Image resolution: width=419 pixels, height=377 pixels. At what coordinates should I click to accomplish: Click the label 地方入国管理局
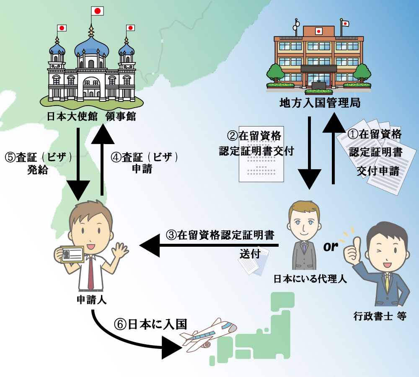coord(320,103)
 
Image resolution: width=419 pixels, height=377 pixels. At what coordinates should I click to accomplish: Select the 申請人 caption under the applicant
coord(91,300)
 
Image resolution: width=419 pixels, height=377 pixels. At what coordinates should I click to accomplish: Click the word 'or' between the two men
coord(331,247)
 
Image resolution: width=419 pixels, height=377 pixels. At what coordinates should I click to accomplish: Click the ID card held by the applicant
coord(72,253)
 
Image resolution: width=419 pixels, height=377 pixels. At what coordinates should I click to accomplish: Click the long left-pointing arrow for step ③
coord(209,245)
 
